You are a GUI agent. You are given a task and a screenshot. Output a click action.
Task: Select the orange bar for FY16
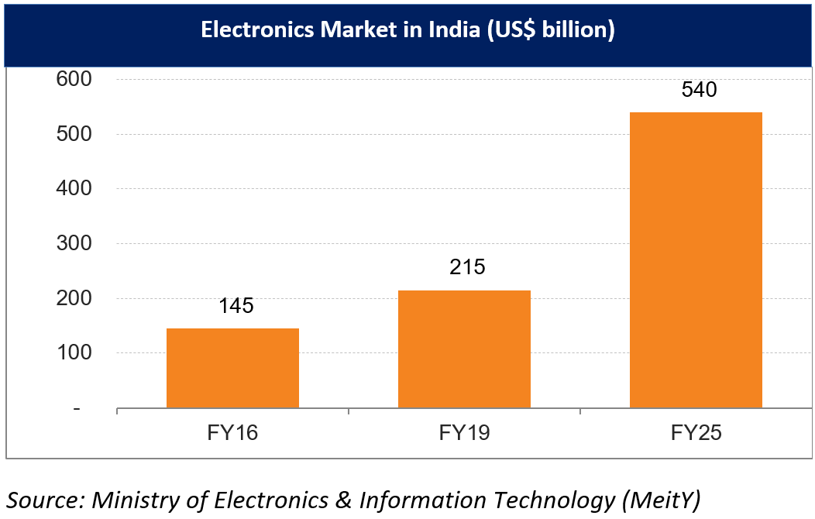(x=232, y=368)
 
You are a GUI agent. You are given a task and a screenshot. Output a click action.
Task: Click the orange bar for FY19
(x=464, y=349)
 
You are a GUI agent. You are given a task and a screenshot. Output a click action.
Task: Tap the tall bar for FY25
(x=696, y=259)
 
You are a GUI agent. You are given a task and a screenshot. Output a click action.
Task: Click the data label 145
(x=236, y=305)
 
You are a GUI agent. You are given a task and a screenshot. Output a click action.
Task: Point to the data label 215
(x=467, y=267)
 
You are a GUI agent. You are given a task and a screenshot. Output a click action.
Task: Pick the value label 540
(x=699, y=89)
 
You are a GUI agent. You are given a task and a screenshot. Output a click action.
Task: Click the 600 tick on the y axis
(x=72, y=79)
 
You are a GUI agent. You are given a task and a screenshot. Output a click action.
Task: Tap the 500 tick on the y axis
(x=72, y=134)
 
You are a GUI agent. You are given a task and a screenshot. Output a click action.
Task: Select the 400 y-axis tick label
(x=72, y=188)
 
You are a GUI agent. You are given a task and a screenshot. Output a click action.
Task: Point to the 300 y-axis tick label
(x=72, y=243)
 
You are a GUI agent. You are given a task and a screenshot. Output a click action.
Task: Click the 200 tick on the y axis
(x=72, y=298)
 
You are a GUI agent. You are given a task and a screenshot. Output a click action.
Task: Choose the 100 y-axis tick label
(x=72, y=352)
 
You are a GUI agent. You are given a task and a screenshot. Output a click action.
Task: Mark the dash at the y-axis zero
(x=75, y=408)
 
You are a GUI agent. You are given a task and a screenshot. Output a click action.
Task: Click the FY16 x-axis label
(x=232, y=432)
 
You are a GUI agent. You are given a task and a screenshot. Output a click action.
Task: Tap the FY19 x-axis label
(x=464, y=432)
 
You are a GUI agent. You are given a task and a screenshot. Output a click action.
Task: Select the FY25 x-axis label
(x=696, y=432)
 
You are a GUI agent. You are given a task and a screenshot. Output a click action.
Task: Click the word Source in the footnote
(x=42, y=500)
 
